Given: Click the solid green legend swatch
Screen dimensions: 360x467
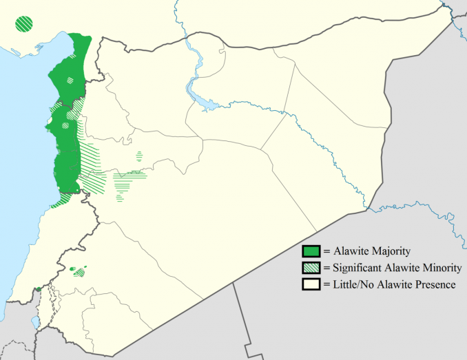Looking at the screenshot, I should click(311, 251).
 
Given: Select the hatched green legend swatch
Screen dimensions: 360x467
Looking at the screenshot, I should click(311, 267).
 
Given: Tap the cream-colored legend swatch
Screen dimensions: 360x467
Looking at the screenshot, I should click(311, 284).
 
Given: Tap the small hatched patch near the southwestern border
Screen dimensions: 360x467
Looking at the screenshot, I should click(79, 273).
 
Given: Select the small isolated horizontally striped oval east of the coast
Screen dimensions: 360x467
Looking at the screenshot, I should click(140, 156).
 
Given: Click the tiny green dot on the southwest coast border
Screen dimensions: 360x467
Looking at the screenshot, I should click(37, 288).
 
